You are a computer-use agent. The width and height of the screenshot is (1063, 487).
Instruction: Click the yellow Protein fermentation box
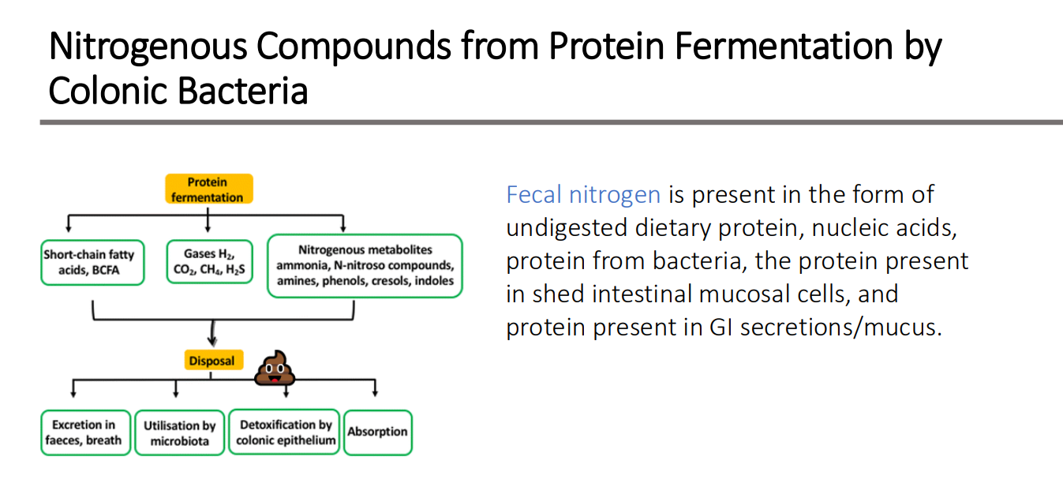[x=208, y=189]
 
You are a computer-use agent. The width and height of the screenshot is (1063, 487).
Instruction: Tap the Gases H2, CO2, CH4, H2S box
[x=209, y=262]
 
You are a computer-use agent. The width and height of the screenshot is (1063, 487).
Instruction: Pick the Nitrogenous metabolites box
[x=365, y=266]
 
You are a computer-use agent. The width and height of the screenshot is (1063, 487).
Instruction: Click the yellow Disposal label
[x=211, y=361]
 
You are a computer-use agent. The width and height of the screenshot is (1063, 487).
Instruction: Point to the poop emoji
[x=274, y=368]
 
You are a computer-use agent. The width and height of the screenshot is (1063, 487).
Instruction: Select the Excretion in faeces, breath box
[x=85, y=433]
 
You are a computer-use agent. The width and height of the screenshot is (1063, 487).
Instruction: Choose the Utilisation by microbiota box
[x=179, y=433]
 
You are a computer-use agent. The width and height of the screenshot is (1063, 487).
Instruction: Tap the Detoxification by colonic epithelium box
[x=286, y=433]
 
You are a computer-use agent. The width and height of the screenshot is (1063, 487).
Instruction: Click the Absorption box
[x=377, y=432]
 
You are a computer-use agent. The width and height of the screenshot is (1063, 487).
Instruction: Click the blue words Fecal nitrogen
[x=583, y=194]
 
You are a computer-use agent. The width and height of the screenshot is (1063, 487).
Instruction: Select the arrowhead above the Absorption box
[x=375, y=391]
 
